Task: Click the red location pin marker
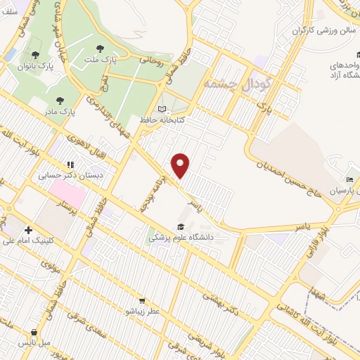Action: [x=181, y=165]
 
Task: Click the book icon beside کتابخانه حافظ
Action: [x=163, y=109]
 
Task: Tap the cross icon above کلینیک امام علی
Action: [x=28, y=230]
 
